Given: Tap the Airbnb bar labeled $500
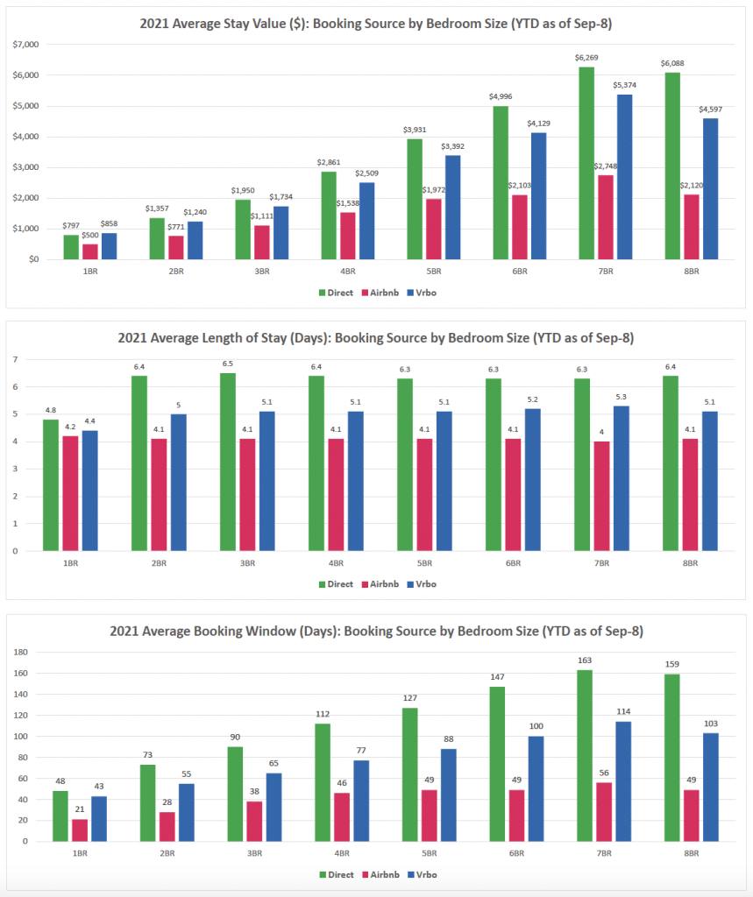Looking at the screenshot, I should [x=89, y=251].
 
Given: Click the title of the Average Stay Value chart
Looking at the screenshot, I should [x=375, y=24].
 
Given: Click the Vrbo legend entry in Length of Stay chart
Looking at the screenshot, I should [x=421, y=584].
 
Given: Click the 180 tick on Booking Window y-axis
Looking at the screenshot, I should [x=22, y=652].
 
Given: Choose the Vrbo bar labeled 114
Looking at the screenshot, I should [x=623, y=780].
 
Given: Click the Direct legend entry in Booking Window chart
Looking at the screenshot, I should [x=337, y=874].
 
